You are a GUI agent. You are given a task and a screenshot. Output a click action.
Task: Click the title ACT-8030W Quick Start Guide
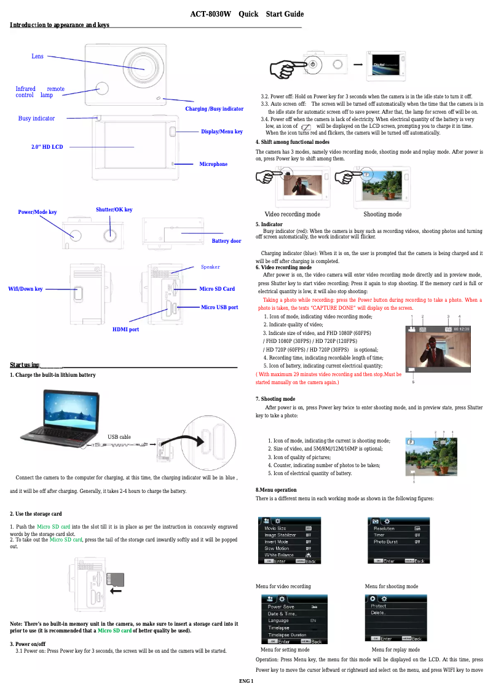(x=246, y=14)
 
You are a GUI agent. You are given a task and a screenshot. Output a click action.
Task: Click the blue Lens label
(x=37, y=57)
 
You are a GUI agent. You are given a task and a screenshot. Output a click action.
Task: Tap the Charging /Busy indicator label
(x=214, y=109)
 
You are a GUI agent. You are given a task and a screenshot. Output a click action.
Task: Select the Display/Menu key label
(x=221, y=132)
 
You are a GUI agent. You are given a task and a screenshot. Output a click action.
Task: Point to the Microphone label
(x=213, y=164)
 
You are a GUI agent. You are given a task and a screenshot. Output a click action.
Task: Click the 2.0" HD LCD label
(x=47, y=148)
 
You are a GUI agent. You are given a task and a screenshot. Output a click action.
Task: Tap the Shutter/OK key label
(x=114, y=210)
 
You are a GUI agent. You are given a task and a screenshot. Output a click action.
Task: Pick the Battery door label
(x=226, y=241)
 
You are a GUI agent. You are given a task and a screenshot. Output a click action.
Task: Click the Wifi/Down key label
(x=25, y=289)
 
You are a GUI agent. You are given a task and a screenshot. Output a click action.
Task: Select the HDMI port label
(x=125, y=329)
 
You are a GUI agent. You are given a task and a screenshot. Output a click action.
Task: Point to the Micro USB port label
(x=219, y=307)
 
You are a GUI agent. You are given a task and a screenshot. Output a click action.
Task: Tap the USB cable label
(x=119, y=437)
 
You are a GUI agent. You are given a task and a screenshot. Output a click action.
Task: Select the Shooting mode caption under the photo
(x=382, y=215)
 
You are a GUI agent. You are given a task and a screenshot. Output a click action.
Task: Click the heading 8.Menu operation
(x=276, y=490)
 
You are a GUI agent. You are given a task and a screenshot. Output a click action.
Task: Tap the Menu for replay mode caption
(x=396, y=650)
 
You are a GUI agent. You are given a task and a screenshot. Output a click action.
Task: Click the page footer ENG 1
(x=246, y=682)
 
